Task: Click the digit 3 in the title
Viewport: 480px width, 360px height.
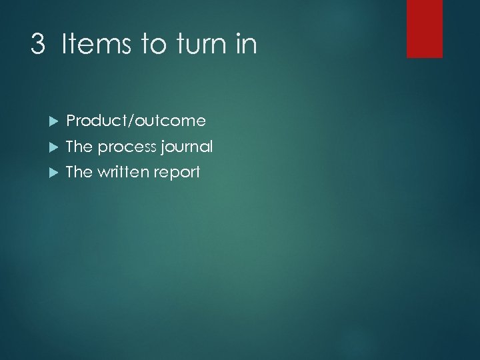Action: point(39,45)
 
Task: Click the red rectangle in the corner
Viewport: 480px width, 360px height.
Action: point(425,28)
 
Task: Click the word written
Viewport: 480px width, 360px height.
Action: point(123,171)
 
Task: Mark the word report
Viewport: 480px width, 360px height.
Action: point(177,173)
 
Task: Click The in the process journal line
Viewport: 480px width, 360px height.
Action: point(79,146)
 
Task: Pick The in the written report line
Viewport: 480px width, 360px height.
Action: point(79,171)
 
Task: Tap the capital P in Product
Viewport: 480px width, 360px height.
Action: point(71,121)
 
